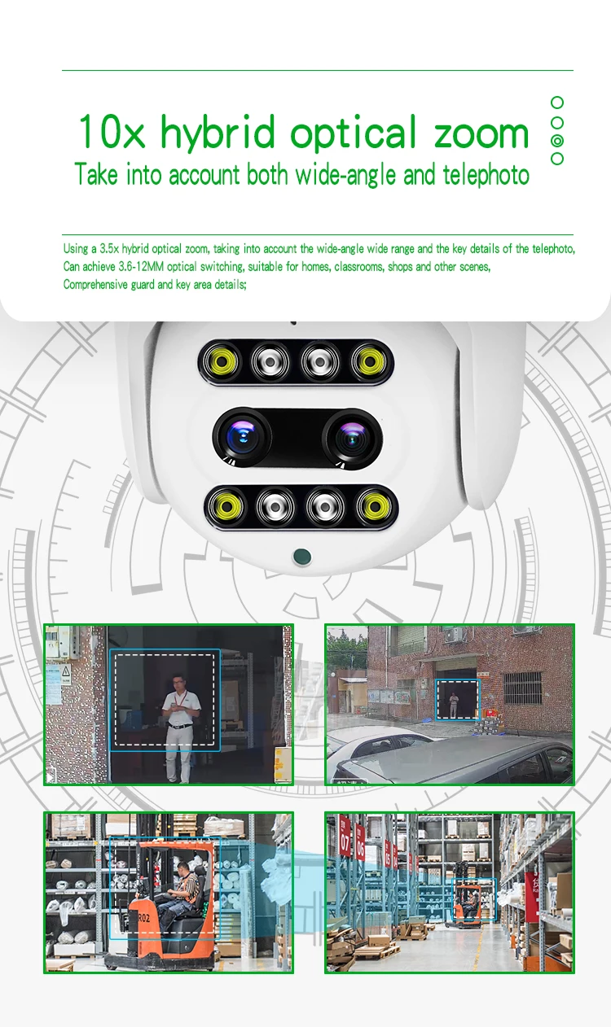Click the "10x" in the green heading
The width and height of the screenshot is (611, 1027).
point(112,133)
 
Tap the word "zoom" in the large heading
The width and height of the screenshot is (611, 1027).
point(481,133)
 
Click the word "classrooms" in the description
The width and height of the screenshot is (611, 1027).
point(355,267)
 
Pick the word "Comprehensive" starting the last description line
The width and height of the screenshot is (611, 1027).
point(95,285)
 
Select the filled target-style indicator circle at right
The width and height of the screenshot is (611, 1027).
point(557,140)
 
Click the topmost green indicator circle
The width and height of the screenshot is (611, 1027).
point(557,103)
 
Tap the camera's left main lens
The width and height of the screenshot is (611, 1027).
point(242,438)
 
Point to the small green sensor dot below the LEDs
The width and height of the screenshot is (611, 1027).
point(302,557)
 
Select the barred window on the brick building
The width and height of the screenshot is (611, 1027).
point(522,688)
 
